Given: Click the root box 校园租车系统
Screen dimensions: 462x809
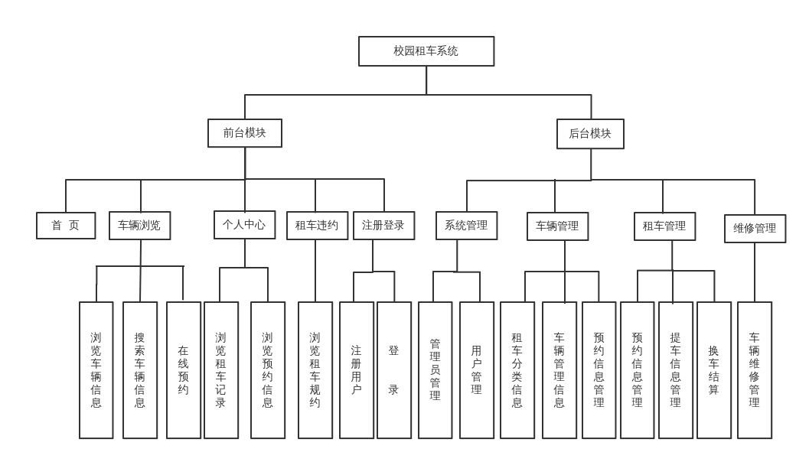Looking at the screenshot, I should click(x=426, y=51).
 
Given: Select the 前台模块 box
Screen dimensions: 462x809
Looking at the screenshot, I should click(x=245, y=133).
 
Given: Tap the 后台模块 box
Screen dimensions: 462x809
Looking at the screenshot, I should click(x=590, y=134).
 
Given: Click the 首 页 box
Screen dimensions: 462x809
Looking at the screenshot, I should click(x=66, y=226).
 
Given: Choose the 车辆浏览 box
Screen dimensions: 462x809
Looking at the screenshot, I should click(x=139, y=226).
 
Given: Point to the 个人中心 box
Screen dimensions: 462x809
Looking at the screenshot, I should click(x=244, y=225).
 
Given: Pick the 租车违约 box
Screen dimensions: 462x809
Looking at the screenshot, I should click(x=317, y=226).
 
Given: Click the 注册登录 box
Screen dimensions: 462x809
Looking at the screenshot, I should click(x=383, y=226).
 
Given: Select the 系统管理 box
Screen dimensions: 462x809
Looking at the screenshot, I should click(x=466, y=226).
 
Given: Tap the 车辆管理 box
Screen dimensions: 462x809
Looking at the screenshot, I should click(x=557, y=226).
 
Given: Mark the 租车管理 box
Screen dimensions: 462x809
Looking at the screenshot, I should click(x=664, y=226).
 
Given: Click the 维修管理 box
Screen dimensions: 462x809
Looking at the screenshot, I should click(x=755, y=229).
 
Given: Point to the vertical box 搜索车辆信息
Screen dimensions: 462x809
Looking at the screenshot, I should click(x=140, y=370).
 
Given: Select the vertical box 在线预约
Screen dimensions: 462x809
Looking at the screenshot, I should click(x=184, y=370).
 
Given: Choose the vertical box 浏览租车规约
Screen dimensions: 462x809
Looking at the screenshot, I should click(x=315, y=370).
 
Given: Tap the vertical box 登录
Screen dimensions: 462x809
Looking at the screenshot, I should click(x=394, y=370).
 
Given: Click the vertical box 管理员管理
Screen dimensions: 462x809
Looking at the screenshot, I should click(x=435, y=370).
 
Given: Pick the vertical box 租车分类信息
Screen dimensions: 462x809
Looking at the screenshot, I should click(x=517, y=370).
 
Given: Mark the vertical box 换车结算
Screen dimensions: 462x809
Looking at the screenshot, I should click(x=714, y=370).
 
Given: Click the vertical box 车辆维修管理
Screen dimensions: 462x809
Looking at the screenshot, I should click(x=755, y=370).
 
